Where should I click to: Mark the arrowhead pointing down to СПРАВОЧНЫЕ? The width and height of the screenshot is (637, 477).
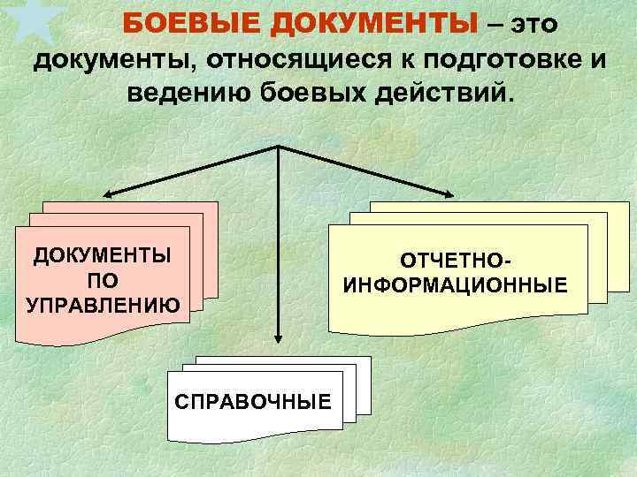click(x=279, y=337)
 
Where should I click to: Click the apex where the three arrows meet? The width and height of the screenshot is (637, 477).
click(x=279, y=146)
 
